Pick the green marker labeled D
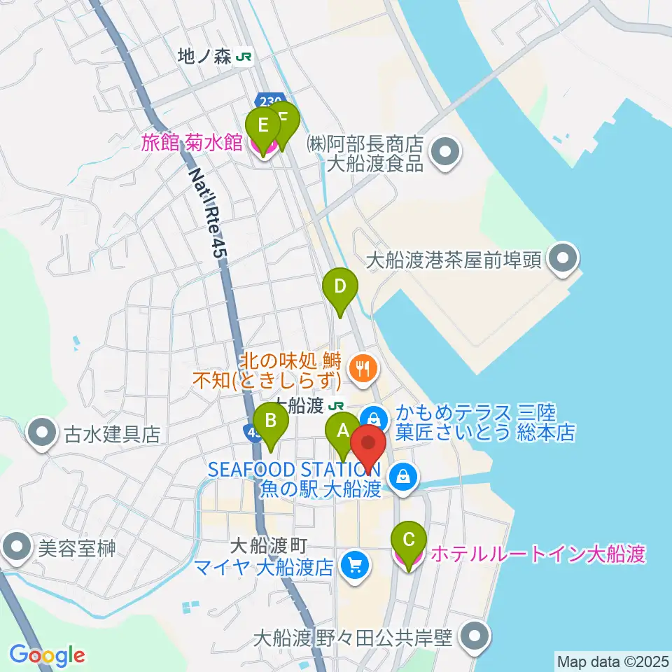coord(339,287)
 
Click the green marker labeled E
coord(263,127)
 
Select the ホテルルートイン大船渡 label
coord(537,555)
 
